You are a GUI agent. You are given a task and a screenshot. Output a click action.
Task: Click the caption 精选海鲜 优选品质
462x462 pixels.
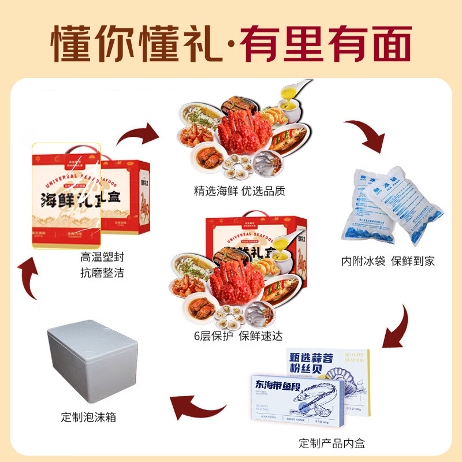(x=240, y=191)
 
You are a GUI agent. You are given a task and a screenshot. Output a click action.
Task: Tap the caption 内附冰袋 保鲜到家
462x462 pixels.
(x=388, y=261)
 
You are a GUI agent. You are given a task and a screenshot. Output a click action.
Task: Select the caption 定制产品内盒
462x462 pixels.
(x=332, y=444)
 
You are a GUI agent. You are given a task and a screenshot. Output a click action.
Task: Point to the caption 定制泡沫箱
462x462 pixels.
(x=88, y=416)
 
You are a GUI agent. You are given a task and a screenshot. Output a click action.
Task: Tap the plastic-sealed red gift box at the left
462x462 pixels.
(x=90, y=196)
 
